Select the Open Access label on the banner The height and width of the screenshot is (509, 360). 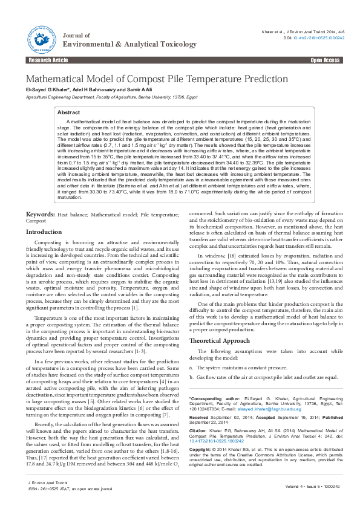pos(326,60)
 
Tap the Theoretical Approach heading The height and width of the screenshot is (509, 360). pos(219,341)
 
